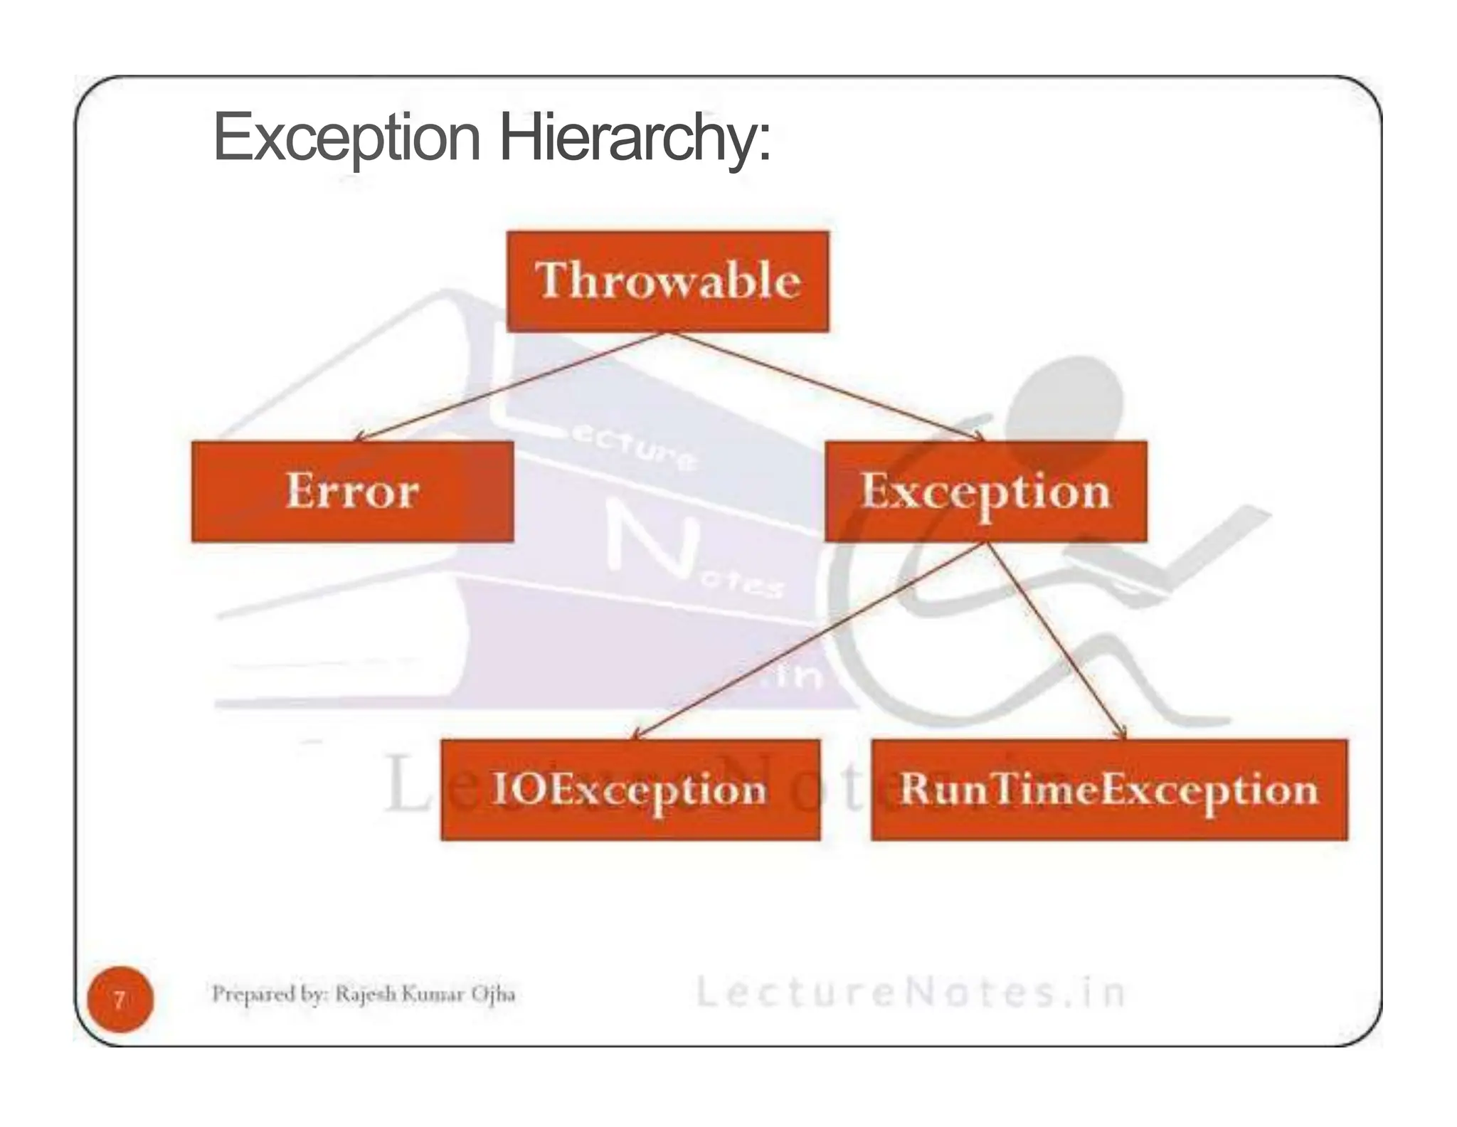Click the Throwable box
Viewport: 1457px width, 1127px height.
coord(667,281)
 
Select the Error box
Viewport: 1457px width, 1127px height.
coord(352,492)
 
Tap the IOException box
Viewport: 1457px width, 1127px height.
coord(630,790)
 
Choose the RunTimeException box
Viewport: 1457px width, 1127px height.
coord(1109,790)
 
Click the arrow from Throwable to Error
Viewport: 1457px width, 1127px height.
coord(510,386)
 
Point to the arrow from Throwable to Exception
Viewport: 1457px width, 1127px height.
coord(825,386)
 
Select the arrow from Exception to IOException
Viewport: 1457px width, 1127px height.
coord(809,641)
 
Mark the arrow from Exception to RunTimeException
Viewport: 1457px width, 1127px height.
coord(1056,641)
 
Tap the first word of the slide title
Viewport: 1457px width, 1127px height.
coord(347,138)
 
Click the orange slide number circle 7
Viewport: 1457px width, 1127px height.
coord(120,1000)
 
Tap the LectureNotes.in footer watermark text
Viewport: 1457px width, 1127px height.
coord(911,993)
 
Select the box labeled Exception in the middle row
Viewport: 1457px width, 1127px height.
coord(985,492)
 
